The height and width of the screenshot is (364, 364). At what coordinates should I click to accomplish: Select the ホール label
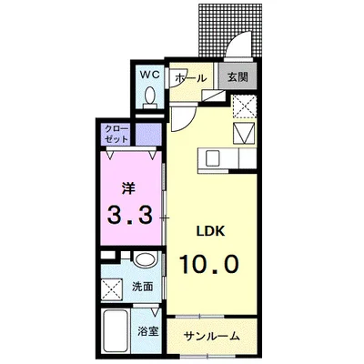click(188, 79)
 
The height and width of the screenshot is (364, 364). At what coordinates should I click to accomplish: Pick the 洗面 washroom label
click(144, 287)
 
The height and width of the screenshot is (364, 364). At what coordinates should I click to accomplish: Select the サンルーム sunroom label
click(211, 336)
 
